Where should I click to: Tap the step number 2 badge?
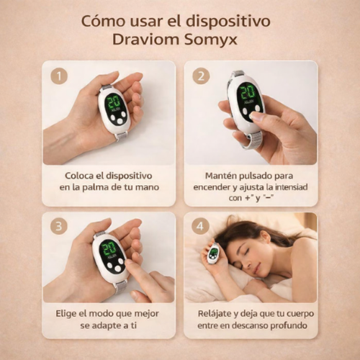coord(200,75)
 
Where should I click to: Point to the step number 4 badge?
coord(200,225)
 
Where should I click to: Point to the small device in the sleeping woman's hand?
coord(213,254)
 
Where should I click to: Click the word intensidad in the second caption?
coord(291,186)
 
